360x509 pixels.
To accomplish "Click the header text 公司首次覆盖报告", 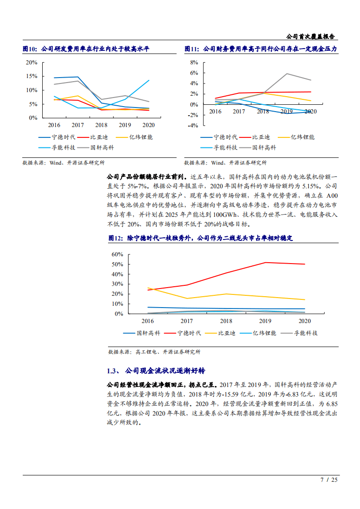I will [311, 36].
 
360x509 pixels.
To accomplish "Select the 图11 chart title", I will [261, 49].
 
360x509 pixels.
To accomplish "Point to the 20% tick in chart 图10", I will [31, 62].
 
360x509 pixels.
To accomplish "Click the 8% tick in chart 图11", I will [194, 62].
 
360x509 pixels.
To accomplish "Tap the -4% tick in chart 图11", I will [193, 126].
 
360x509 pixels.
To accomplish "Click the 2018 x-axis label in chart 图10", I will [101, 125].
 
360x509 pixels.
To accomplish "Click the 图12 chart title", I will [201, 238].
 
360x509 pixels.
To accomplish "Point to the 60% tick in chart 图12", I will [117, 254].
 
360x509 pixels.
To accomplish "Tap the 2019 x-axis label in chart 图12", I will [265, 321].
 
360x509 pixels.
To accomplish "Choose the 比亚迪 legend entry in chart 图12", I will [227, 333].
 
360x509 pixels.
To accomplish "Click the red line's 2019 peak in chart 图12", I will [265, 262].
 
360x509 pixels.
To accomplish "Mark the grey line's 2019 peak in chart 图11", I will [286, 73].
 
